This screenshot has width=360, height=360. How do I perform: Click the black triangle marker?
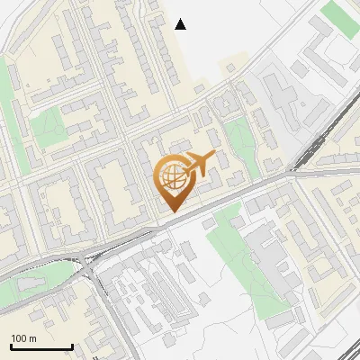click(x=181, y=24)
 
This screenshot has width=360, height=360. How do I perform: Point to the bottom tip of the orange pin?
click(x=172, y=211)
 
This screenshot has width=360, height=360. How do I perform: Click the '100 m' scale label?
click(x=23, y=337)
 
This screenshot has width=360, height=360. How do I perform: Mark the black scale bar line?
click(x=41, y=346)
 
